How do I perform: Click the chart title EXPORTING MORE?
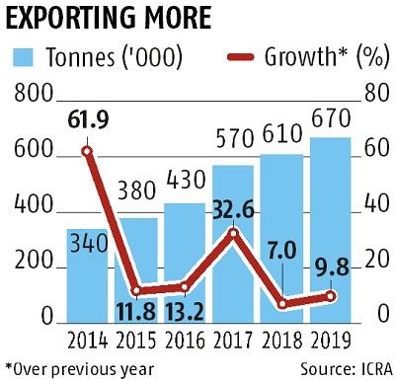pyautogui.click(x=117, y=18)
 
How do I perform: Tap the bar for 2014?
pyautogui.click(x=87, y=276)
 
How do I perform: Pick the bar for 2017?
pyautogui.click(x=231, y=247)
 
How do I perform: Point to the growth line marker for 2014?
pyautogui.click(x=87, y=151)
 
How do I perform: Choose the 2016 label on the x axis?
pyautogui.click(x=183, y=343)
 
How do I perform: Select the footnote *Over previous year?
pyautogui.click(x=79, y=367)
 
